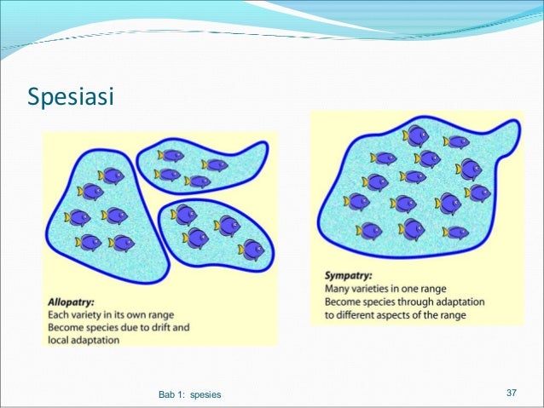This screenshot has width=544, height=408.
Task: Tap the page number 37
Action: click(512, 393)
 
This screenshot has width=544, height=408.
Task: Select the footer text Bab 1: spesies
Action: click(189, 394)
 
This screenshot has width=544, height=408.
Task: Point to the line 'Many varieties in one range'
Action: click(385, 289)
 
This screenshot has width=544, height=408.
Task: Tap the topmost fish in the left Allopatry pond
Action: click(111, 175)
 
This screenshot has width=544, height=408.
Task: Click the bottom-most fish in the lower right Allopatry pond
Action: click(252, 250)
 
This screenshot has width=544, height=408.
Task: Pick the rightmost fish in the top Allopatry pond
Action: click(215, 165)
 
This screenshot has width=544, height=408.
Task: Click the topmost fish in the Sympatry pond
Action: click(416, 135)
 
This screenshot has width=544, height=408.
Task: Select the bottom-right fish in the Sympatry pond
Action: click(455, 232)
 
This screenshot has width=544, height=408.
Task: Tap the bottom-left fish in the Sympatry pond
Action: click(368, 230)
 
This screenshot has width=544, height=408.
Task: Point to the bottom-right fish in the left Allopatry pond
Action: click(121, 243)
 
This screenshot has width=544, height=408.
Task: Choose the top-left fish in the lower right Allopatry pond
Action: click(183, 214)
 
